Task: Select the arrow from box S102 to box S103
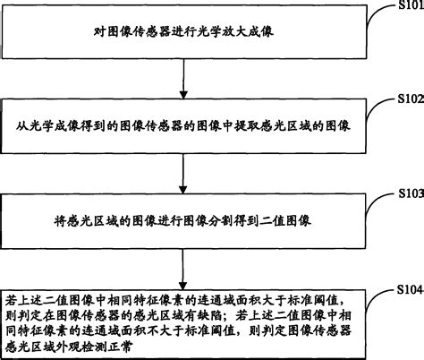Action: coord(183,167)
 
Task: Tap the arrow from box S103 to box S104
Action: coord(183,254)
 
